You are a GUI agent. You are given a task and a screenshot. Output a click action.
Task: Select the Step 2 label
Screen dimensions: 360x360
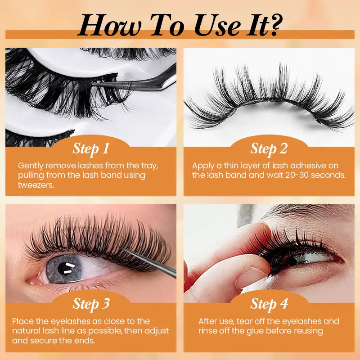269,149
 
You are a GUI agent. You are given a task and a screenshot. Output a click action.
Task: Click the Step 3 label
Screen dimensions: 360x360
91,304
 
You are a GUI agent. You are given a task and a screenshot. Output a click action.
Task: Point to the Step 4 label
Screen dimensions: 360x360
269,304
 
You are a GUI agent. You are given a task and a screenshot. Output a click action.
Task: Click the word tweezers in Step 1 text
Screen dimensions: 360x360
36,185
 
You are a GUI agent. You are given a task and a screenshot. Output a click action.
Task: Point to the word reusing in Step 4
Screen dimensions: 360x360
308,331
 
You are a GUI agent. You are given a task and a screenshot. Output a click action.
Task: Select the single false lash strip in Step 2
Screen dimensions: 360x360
269,101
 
